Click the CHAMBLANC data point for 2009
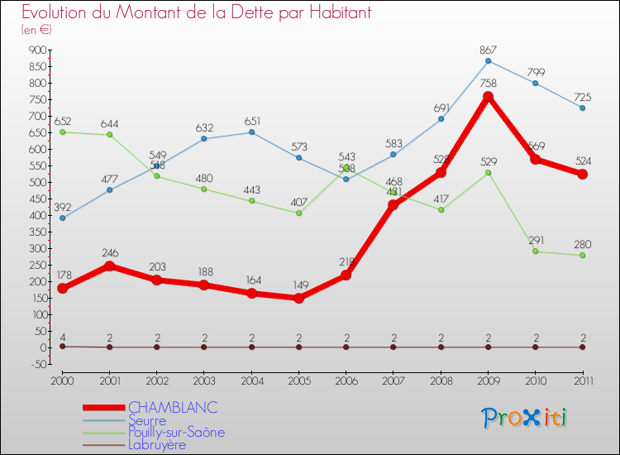click(488, 97)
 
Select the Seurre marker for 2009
click(488, 60)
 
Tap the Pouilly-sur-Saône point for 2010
click(535, 251)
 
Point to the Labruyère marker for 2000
click(62, 346)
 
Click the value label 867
click(488, 50)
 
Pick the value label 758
click(488, 84)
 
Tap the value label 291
click(535, 240)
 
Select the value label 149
click(298, 285)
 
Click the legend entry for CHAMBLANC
click(172, 407)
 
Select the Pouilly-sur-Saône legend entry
click(176, 432)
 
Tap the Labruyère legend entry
click(157, 444)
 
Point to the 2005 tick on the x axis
click(298, 380)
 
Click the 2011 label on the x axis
click(582, 380)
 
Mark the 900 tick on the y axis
click(37, 50)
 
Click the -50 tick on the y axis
click(37, 364)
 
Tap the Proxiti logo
click(526, 418)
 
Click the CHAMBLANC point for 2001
click(109, 266)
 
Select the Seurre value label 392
click(63, 207)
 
